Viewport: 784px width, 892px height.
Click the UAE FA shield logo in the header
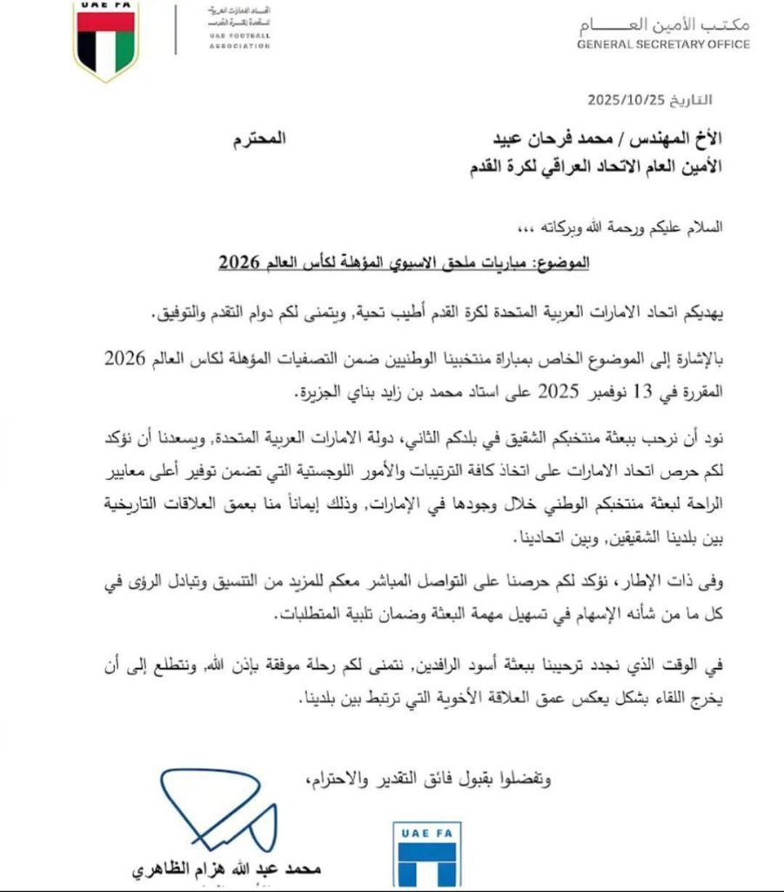pos(106,39)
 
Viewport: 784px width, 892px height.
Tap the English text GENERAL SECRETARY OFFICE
pos(663,44)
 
